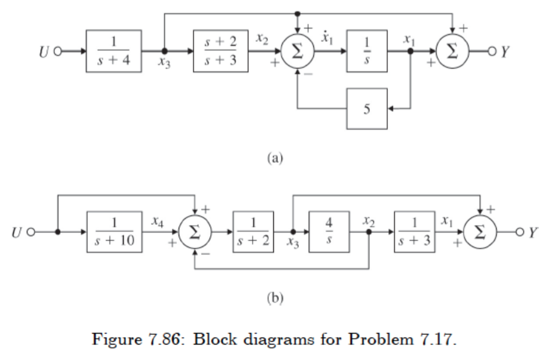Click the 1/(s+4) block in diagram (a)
[x=114, y=51]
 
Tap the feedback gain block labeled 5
[x=367, y=108]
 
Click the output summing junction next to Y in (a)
[x=452, y=51]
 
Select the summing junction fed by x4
[x=195, y=233]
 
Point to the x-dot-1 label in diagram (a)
[x=327, y=39]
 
